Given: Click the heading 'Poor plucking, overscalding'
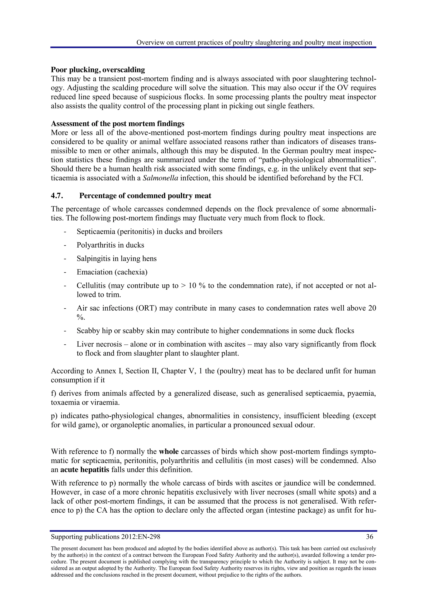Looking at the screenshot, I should coord(98,70).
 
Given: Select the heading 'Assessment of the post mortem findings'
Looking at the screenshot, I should coord(118,124).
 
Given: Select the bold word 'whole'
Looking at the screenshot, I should coord(169,452).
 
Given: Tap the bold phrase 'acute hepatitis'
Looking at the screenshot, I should coord(85,470).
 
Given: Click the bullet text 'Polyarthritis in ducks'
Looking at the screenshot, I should coord(111,245).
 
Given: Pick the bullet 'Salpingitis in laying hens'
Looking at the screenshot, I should coord(117,259).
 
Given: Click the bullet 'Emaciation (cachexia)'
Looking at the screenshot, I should coord(112,272).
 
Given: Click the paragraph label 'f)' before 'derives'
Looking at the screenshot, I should coord(54,393).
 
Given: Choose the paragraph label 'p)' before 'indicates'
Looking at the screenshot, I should coord(54,416).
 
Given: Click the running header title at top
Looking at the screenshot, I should coord(254,42).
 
